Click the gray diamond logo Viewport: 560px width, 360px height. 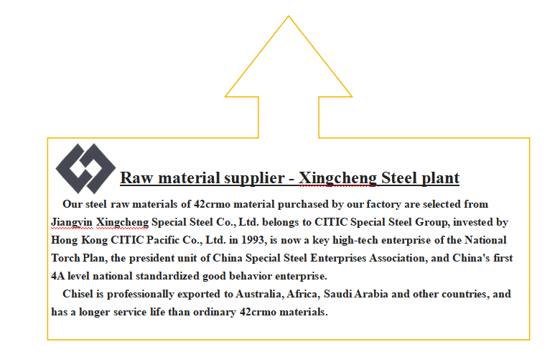coord(85,168)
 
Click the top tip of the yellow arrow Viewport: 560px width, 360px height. coord(289,16)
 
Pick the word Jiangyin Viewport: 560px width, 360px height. coord(72,222)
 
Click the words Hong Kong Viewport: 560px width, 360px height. coord(79,240)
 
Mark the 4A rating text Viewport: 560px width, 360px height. coord(57,276)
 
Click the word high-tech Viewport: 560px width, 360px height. coord(355,240)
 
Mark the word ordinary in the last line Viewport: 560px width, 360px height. coord(215,312)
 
